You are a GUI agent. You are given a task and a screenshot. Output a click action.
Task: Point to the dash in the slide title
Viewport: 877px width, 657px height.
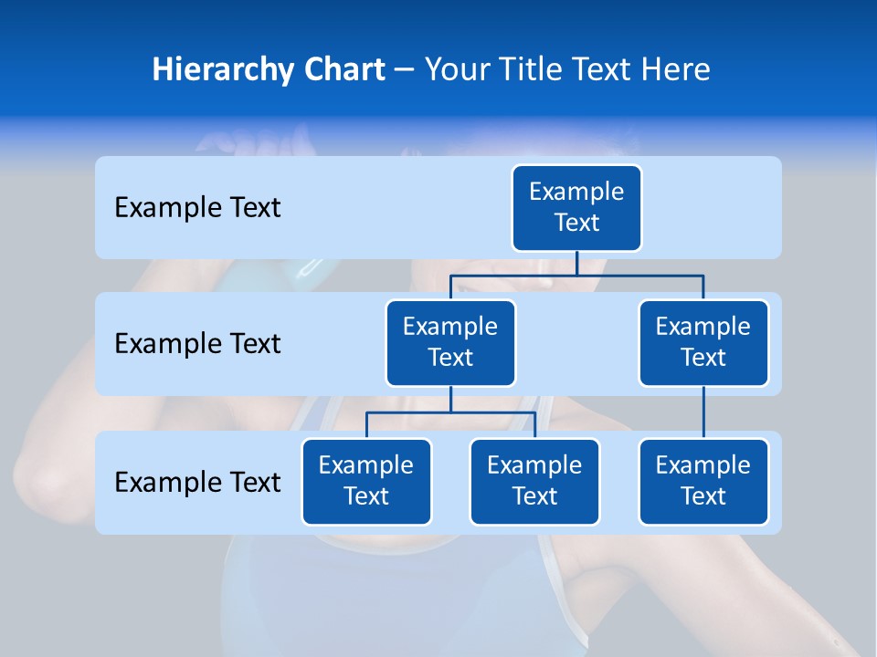coord(404,70)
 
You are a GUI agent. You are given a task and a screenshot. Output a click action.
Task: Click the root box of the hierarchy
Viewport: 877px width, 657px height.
coord(576,207)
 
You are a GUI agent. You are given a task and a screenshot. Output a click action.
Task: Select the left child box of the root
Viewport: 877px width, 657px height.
coord(450,342)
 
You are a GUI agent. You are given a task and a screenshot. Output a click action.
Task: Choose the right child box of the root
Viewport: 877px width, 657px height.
coord(703,342)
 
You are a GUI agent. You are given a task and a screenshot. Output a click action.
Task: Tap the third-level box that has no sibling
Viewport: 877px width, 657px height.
coord(703,481)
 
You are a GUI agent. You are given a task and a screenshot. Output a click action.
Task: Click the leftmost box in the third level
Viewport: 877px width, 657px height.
coord(366,481)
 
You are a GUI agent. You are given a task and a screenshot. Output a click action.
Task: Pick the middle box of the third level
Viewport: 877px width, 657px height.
coord(534,481)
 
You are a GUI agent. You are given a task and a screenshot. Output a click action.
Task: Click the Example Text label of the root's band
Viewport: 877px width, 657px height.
coord(197,207)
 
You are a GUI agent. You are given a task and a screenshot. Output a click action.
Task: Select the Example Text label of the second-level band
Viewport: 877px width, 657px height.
coord(197,343)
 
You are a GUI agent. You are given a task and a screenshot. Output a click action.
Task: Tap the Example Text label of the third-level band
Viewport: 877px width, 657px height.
coord(197,482)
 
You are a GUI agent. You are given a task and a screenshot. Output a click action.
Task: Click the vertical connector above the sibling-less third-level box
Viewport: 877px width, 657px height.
coord(703,412)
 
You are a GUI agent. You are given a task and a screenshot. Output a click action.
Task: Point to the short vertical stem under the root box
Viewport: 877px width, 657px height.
coord(576,262)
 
